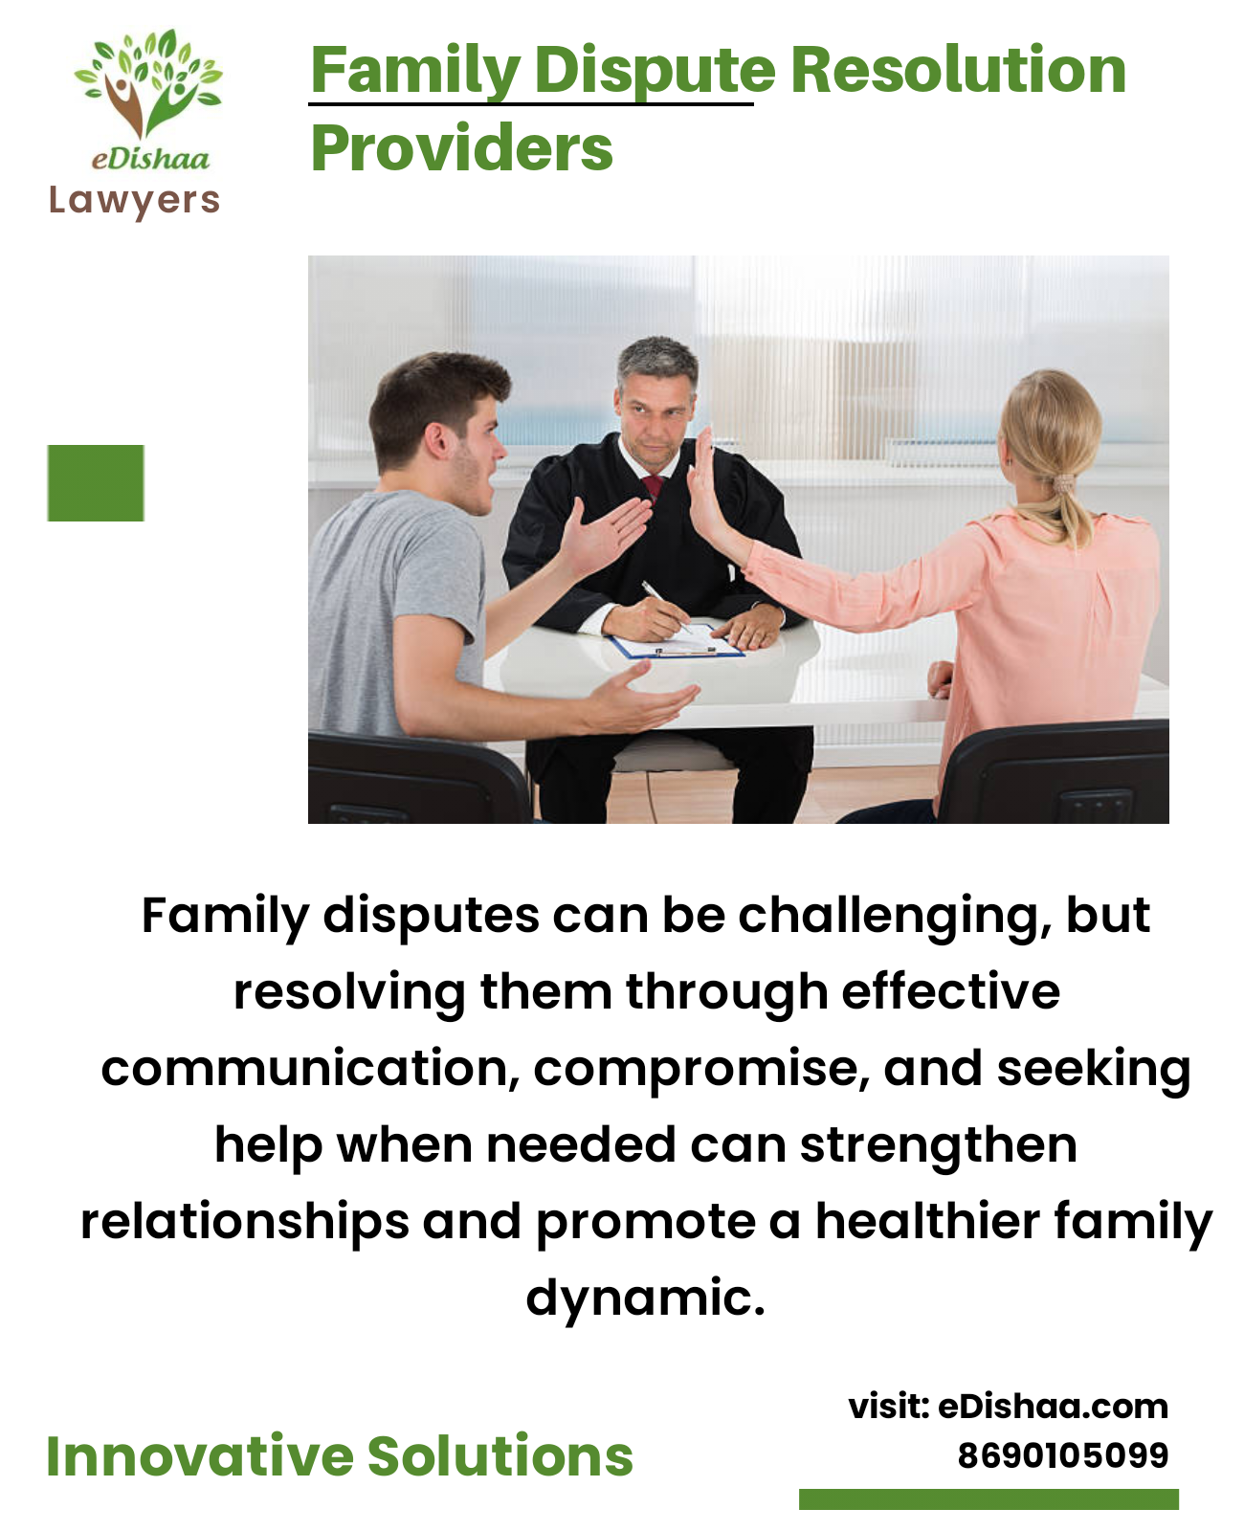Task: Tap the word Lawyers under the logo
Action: click(134, 201)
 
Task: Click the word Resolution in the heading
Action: click(958, 70)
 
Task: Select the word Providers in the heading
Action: click(461, 148)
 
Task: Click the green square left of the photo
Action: click(96, 483)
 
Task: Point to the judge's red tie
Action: click(653, 486)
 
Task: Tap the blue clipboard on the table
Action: click(676, 642)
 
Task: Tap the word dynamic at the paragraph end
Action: click(645, 1299)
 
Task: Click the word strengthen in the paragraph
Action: click(939, 1148)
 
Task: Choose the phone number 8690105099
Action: click(1062, 1456)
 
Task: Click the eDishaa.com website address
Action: click(1052, 1407)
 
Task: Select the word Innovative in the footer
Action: click(200, 1457)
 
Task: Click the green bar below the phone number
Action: click(989, 1499)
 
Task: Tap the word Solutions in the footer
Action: click(500, 1457)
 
